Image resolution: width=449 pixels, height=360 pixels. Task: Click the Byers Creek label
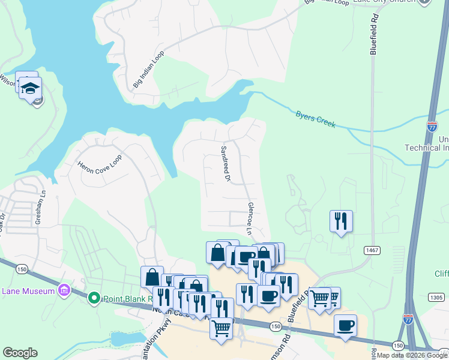tap(315, 118)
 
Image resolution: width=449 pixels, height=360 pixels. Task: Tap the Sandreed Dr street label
tap(226, 163)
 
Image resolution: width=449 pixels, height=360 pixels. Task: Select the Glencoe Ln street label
tap(251, 218)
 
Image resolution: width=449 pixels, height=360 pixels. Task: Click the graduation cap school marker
tap(30, 89)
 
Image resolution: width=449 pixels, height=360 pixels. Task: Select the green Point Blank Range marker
tap(94, 298)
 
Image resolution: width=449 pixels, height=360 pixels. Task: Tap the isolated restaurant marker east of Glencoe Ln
tap(341, 221)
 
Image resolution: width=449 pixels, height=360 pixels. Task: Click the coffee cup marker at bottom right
tap(345, 326)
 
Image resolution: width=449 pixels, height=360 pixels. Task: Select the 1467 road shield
tap(370, 250)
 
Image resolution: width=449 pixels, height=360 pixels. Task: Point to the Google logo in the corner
tap(20, 353)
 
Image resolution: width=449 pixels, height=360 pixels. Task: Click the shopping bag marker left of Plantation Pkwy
tap(152, 277)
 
